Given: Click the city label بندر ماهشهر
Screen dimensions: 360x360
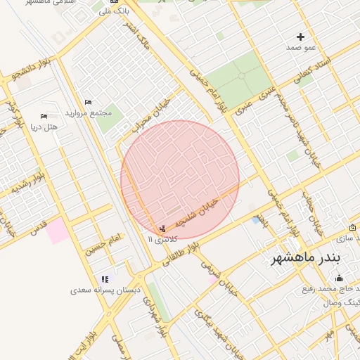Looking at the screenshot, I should point(306,258).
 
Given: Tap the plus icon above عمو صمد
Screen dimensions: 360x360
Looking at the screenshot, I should point(301,37).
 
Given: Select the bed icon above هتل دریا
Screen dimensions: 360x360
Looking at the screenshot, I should point(44,116).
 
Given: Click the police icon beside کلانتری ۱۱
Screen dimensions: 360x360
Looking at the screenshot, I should point(163,229).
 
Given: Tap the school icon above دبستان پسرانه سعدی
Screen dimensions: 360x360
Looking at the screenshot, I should point(105,279).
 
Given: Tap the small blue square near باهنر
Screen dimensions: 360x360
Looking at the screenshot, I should point(255,220).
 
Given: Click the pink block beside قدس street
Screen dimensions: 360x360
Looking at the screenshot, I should point(58,231).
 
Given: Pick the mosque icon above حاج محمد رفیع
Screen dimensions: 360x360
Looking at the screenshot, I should point(340,279).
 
